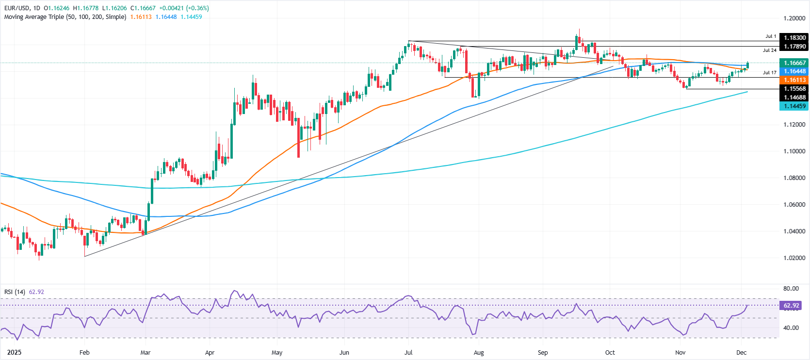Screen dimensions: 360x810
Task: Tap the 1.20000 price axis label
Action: pos(794,18)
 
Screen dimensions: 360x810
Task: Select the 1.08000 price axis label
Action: pos(794,178)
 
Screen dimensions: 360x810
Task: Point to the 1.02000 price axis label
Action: pos(794,258)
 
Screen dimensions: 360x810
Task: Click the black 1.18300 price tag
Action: pos(794,37)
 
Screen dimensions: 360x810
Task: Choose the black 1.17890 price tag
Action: pos(794,47)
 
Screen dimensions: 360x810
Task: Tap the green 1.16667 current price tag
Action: pos(794,63)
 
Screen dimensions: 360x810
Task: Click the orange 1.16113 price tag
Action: pos(794,80)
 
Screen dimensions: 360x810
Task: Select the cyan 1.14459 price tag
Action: pos(794,106)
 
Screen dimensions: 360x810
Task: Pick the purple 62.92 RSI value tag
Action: pos(791,306)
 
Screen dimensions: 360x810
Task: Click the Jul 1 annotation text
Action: pos(771,36)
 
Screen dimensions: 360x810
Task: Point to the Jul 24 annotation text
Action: pos(769,50)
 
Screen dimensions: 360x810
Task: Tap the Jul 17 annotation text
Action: pos(769,73)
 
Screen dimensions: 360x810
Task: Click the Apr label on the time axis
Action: pos(210,353)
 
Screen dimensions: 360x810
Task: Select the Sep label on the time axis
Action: pos(543,353)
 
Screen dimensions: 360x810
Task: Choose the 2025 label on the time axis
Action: pos(8,353)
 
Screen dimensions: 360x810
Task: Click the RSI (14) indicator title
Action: pos(15,292)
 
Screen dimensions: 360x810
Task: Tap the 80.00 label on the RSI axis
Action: pos(791,289)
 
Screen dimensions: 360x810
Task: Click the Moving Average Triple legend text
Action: pos(65,17)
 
